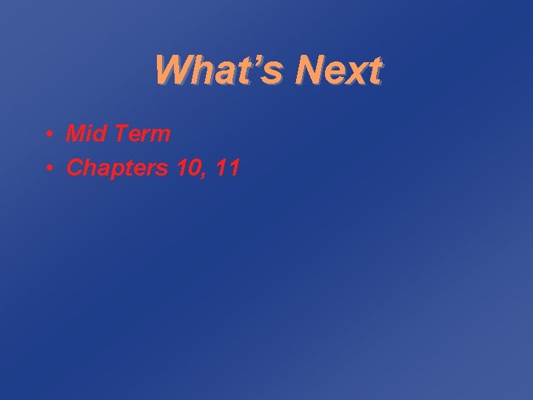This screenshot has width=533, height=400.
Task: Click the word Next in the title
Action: pos(338,70)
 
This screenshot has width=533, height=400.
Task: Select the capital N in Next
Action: pos(308,70)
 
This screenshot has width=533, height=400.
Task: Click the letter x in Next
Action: pos(356,74)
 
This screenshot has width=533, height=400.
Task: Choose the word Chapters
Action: pos(118,169)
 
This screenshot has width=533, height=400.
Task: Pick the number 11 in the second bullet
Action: pos(227,168)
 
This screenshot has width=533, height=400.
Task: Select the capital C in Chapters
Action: pos(75,168)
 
